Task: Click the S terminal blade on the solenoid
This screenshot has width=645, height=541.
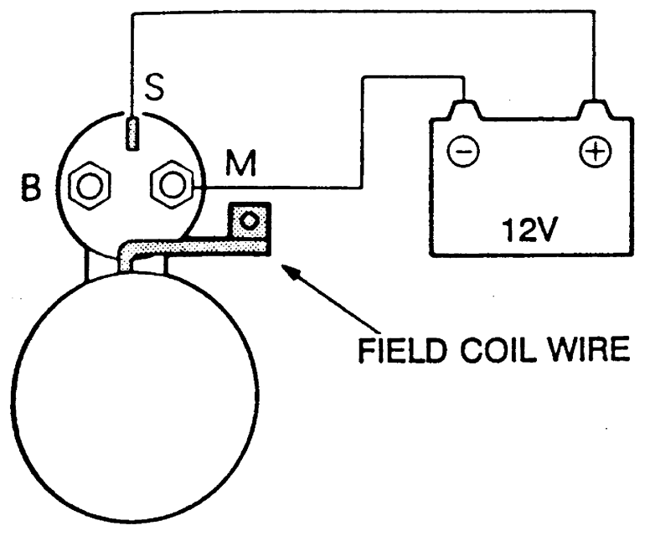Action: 131,134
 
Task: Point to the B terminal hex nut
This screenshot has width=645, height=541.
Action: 85,187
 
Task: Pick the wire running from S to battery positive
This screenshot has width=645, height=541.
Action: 360,11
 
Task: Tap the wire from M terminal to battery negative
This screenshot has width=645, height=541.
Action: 362,134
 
